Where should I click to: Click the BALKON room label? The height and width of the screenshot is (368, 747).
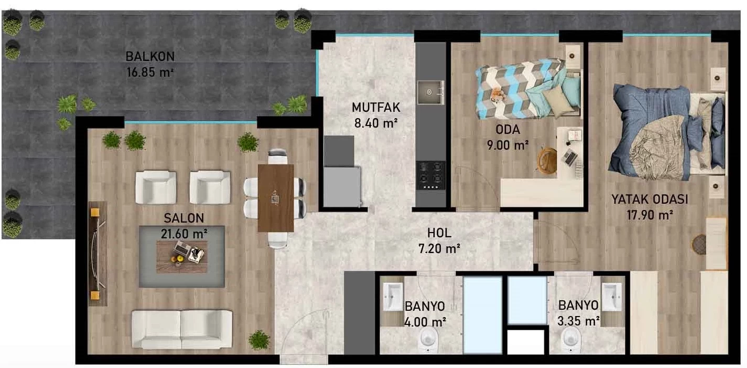pos(150,57)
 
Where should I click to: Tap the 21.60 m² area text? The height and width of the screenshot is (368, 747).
pos(184,234)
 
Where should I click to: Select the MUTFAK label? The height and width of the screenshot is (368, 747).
pos(376,108)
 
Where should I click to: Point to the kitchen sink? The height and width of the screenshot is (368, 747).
pos(430,92)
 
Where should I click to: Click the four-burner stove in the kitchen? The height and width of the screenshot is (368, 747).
pos(430,175)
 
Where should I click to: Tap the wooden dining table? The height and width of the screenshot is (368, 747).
pos(276,198)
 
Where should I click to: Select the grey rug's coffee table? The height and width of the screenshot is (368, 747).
pos(182,257)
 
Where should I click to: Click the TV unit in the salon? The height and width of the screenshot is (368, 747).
pos(98,254)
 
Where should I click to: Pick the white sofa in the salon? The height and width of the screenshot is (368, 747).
pos(182,329)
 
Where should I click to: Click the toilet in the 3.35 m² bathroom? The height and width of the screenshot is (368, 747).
pos(571,340)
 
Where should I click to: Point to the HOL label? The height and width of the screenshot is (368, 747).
pos(439,233)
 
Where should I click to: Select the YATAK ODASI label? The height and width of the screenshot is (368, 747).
pos(649,199)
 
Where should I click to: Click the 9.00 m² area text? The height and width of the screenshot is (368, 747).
pos(507,145)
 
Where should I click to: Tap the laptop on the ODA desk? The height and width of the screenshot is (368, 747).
pos(570,156)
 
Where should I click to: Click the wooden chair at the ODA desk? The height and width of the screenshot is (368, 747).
pos(547,161)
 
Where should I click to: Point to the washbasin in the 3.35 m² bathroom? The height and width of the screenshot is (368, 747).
pos(612,297)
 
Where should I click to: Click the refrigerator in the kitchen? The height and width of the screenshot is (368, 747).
pos(342,187)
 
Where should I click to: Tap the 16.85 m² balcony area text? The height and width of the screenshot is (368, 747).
pos(150,72)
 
